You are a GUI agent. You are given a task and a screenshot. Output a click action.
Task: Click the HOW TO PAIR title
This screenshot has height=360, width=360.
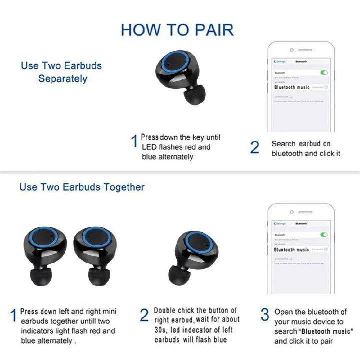click(177, 29)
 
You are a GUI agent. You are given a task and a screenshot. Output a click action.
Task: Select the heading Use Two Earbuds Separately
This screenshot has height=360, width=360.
click(61, 72)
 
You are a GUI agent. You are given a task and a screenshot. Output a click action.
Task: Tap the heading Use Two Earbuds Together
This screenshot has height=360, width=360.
click(82, 187)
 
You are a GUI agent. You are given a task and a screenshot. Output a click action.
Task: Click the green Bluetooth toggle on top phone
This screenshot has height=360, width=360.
click(324, 72)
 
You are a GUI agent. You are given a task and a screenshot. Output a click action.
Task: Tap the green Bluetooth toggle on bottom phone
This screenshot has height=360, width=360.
click(324, 234)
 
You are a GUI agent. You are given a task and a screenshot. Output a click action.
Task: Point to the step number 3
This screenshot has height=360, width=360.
click(265, 315)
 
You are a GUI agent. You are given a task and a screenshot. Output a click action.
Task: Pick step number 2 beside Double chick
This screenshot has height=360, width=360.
click(144, 315)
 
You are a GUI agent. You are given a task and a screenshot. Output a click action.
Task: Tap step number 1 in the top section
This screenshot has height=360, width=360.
click(134, 142)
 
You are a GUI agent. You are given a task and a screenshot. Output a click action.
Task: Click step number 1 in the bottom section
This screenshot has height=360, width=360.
click(13, 316)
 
